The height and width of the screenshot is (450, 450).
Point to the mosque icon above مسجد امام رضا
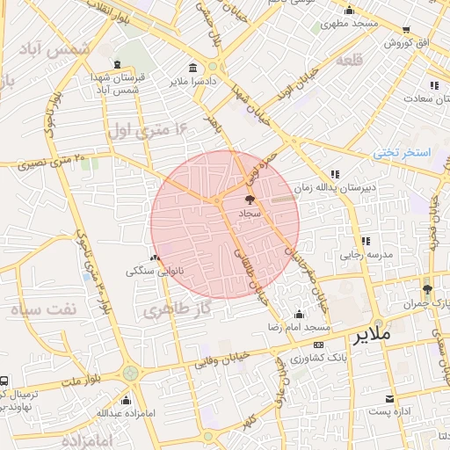pyautogui.click(x=301, y=314)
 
